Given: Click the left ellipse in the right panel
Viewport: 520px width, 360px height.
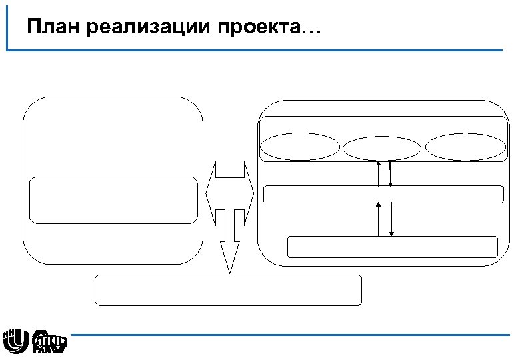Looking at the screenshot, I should (x=300, y=147).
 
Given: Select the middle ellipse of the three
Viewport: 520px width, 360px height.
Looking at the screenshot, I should (x=383, y=147).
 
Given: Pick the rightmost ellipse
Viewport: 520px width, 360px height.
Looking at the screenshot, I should (x=465, y=147).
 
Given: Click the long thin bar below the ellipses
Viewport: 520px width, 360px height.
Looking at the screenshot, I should (x=383, y=194).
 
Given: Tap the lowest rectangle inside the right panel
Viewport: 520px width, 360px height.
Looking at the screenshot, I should (x=393, y=247).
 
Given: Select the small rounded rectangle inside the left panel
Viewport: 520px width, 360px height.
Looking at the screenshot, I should (x=113, y=199).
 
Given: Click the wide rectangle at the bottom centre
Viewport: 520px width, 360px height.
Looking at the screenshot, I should (x=229, y=290).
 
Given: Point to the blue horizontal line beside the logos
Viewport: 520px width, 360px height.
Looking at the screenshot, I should (x=287, y=335).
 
